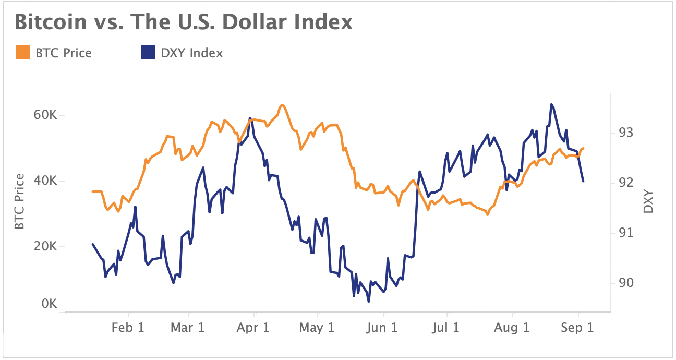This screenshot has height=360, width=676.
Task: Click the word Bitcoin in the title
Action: coord(51,22)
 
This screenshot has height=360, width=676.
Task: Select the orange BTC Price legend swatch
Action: coord(23,52)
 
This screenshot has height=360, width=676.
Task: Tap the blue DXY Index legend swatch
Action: coord(148,52)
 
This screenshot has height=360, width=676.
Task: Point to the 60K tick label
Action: coord(45,115)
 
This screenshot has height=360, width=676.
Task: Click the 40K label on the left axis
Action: coord(45,181)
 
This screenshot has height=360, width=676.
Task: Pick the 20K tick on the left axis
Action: coord(45,247)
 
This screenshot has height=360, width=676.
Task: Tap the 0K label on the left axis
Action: coord(49,304)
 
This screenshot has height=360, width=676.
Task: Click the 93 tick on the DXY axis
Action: coord(626,133)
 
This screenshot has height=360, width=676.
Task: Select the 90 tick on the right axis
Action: coord(626,283)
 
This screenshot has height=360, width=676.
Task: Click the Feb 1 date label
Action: coord(128,328)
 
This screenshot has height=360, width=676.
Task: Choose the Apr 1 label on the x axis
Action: coord(253,328)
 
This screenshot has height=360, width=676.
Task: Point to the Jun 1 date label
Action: coord(382,328)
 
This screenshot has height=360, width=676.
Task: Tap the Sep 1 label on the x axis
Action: coord(577,328)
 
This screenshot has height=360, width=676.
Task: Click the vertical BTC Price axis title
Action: coord(19,201)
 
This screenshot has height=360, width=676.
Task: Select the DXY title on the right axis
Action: coord(648,201)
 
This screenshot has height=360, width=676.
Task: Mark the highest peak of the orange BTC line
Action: coord(282,105)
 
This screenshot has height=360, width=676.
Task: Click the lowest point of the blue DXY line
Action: coord(369,301)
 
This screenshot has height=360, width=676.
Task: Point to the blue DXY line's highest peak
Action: coord(551,104)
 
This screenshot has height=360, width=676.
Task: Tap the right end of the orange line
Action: coord(584,148)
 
